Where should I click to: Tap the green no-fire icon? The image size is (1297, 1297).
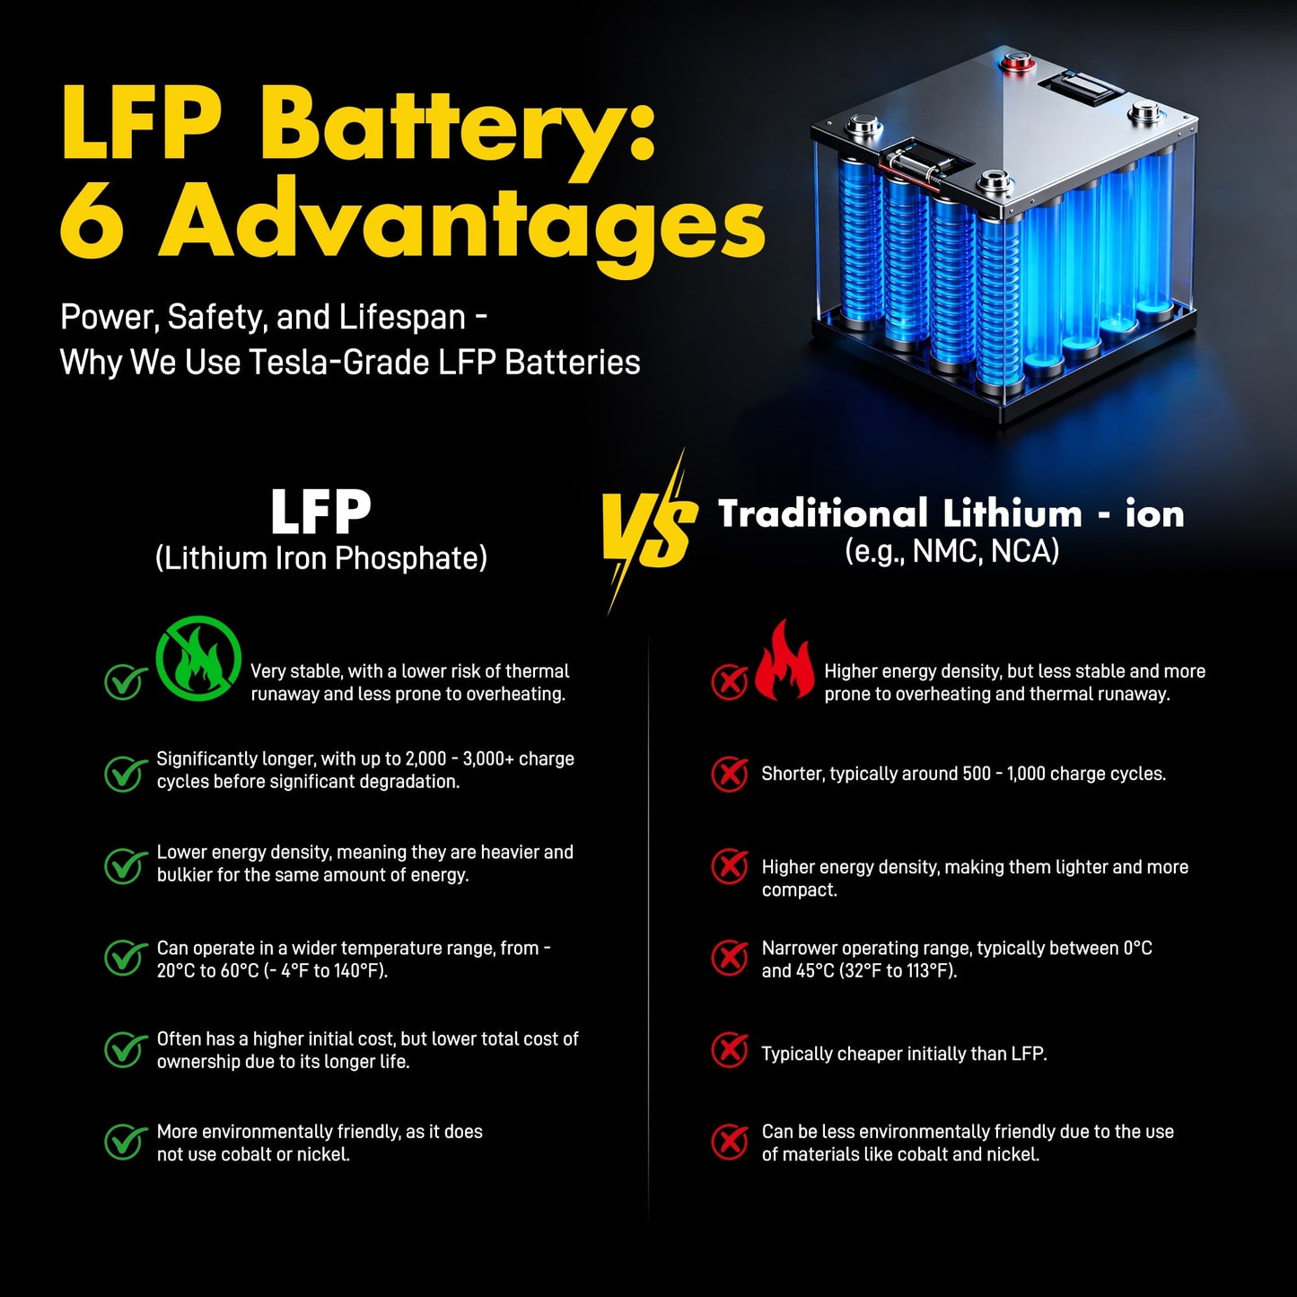click(198, 658)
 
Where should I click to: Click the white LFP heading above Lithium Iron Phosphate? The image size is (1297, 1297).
click(320, 512)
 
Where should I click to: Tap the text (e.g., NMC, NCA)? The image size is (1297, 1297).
click(952, 550)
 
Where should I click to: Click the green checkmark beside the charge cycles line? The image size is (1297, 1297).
click(125, 774)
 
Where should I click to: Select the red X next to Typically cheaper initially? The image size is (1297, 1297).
click(730, 1050)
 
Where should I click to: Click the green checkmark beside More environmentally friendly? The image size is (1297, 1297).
click(125, 1142)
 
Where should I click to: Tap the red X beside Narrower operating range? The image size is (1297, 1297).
click(730, 957)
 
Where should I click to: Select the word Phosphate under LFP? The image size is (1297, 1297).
click(411, 558)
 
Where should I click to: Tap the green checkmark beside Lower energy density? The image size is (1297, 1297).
click(125, 865)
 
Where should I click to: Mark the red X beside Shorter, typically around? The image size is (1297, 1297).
click(730, 775)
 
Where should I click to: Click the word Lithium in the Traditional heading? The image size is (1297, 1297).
click(1012, 513)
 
